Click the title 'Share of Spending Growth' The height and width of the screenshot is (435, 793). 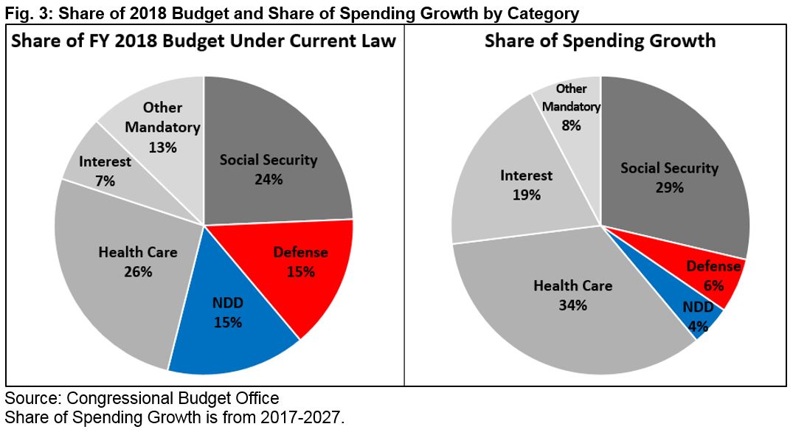click(x=600, y=41)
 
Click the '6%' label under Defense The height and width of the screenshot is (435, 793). click(x=713, y=285)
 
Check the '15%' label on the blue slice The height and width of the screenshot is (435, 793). click(x=229, y=321)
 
